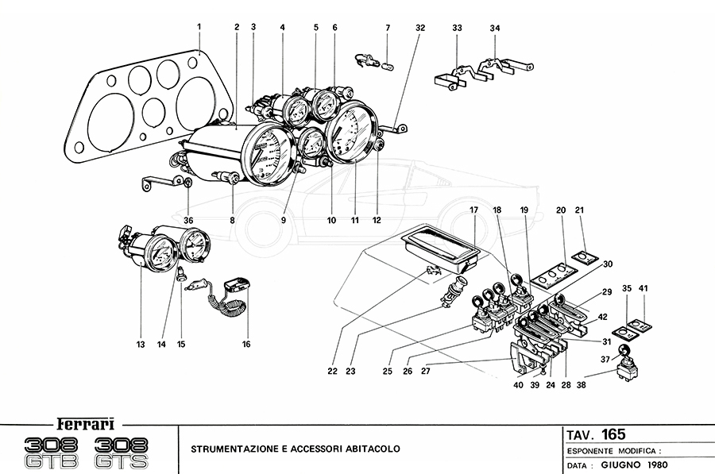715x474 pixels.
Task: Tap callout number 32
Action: [x=420, y=28]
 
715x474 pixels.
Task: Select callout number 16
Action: [x=246, y=344]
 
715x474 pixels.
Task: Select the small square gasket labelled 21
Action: [x=584, y=256]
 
